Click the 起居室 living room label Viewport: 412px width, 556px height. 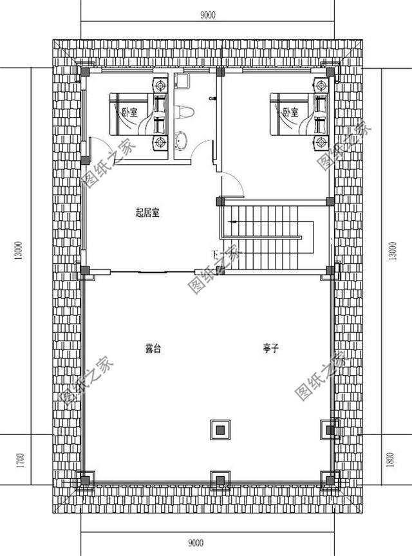pos(147,214)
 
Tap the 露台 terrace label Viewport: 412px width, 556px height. pos(152,348)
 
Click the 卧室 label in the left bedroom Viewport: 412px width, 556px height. pos(129,112)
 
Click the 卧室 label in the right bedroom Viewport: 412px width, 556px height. pos(290,112)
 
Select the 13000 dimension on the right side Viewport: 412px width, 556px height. pos(393,250)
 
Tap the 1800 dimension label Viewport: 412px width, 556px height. pos(393,461)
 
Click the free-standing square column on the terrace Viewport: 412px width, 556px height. pos(220,429)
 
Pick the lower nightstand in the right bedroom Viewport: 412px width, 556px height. pos(320,142)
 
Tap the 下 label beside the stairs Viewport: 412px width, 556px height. pos(216,252)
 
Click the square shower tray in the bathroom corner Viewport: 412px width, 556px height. pos(181,80)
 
